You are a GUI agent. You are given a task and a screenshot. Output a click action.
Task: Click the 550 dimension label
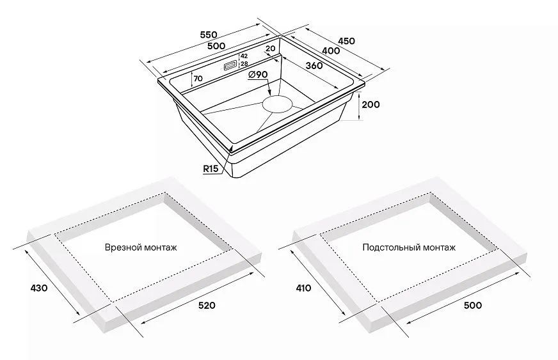[209, 35]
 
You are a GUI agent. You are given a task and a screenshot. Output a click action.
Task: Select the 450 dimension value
[346, 41]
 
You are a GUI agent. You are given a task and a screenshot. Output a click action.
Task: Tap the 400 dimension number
[331, 51]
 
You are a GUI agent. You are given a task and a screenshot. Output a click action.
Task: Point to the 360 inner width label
[314, 65]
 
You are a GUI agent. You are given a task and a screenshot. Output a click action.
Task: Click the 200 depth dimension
[371, 105]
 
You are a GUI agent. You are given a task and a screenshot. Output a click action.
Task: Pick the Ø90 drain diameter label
[258, 74]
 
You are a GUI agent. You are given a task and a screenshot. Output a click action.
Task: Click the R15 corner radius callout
[211, 169]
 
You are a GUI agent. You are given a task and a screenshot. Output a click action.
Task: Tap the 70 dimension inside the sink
[198, 79]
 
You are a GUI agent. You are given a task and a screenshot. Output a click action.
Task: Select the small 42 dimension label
[244, 56]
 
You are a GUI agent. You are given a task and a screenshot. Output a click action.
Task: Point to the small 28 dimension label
[244, 64]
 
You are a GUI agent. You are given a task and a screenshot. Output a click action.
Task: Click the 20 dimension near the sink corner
[271, 49]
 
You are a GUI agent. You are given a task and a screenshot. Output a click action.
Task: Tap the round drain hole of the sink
[278, 104]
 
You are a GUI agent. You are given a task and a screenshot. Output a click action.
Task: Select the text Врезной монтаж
[141, 247]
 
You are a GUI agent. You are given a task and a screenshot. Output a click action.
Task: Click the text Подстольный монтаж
[409, 247]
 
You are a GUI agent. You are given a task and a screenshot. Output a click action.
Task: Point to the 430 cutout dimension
[39, 288]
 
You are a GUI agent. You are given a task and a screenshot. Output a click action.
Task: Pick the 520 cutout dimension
[207, 305]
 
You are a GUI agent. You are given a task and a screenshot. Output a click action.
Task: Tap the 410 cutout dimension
[303, 288]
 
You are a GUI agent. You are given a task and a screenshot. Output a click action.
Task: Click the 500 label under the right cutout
[473, 305]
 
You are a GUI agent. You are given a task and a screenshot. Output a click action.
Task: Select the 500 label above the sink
[216, 45]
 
